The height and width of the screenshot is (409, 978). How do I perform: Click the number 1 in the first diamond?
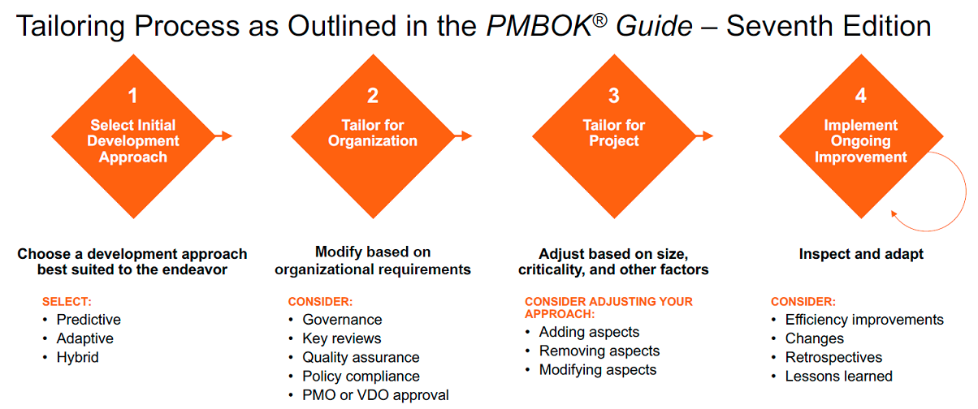pos(132,96)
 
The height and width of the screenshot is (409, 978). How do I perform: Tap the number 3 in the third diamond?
pos(614,96)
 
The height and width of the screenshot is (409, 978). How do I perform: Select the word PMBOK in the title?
pos(539,26)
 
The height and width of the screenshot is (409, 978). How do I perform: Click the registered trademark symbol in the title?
pos(600,20)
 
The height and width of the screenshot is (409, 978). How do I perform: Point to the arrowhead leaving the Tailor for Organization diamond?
pos(466,136)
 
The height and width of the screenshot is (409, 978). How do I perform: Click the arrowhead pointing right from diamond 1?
pos(227,136)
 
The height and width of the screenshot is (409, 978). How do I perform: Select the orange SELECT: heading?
pos(67,302)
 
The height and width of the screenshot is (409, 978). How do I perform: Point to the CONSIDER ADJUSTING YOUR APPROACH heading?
pos(608,308)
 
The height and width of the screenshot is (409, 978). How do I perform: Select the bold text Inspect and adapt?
pos(861,254)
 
